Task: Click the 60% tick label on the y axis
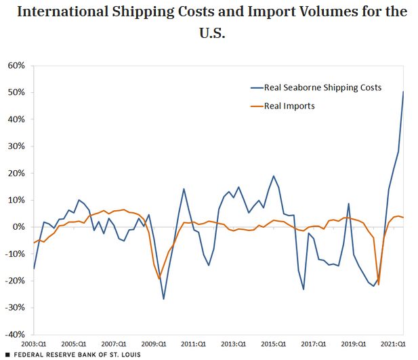tap(16, 66)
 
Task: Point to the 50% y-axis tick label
tap(16, 92)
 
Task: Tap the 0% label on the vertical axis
tap(19, 227)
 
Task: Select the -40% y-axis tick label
tap(15, 334)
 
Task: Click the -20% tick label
tap(15, 281)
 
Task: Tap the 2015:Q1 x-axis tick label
tap(273, 344)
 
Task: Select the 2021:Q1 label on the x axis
tap(392, 344)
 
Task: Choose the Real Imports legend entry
tap(290, 106)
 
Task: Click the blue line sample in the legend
tap(257, 87)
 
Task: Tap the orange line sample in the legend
tap(257, 106)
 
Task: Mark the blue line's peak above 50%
tap(404, 92)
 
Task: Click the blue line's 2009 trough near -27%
tap(163, 299)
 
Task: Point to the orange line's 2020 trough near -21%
tap(378, 285)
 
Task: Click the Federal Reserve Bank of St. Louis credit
tap(73, 355)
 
